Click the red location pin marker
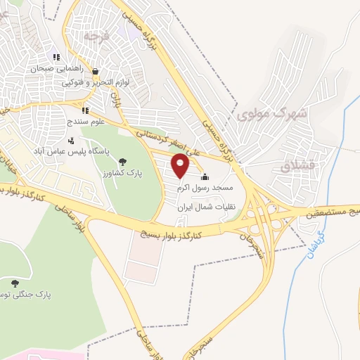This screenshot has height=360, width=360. pyautogui.click(x=181, y=167)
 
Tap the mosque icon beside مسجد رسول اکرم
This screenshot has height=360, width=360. pyautogui.click(x=205, y=176)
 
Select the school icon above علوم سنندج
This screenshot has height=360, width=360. pyautogui.click(x=84, y=110)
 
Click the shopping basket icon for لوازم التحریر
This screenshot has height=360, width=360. pyautogui.click(x=95, y=71)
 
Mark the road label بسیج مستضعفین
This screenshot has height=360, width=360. pyautogui.click(x=330, y=212)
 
